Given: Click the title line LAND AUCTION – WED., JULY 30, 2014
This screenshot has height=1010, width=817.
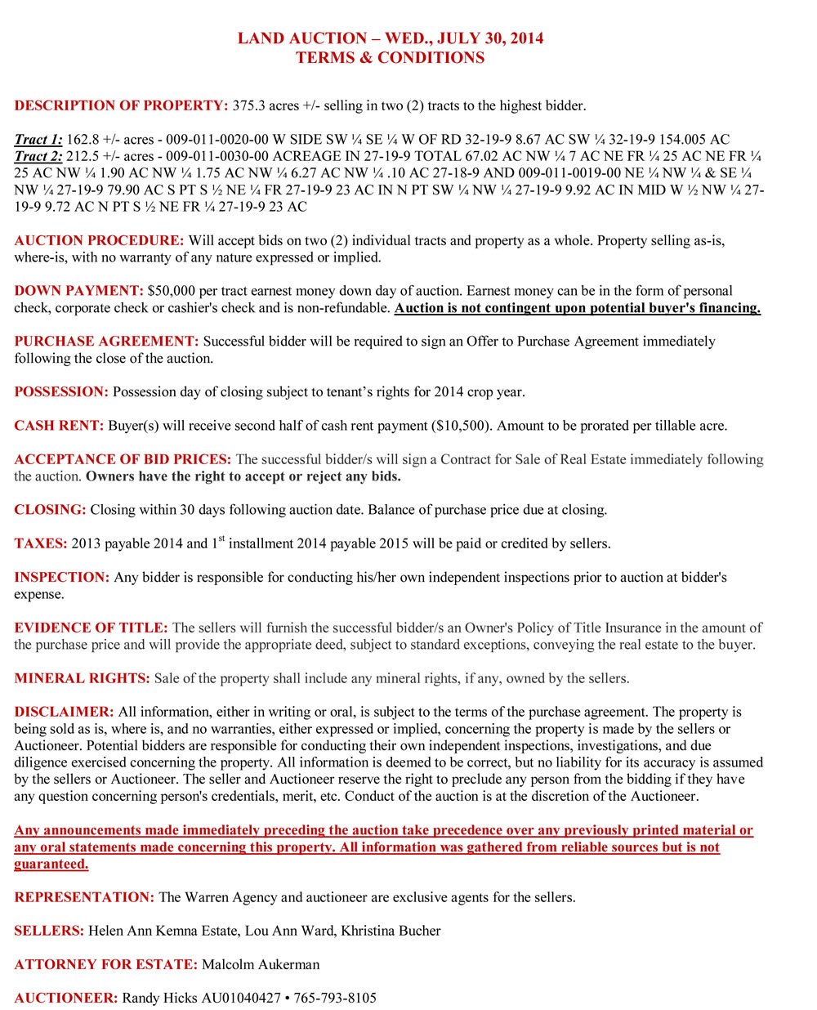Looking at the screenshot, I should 390,38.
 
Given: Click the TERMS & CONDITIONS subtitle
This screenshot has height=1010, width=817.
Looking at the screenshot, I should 390,58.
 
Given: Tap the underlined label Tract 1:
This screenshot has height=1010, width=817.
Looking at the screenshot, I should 38,140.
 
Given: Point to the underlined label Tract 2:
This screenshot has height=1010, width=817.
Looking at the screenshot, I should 38,156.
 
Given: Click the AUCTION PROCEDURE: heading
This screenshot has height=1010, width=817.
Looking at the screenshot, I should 99,241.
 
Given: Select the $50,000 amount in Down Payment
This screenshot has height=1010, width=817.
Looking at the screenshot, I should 172,291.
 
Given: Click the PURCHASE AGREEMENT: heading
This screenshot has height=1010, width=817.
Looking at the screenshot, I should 106,342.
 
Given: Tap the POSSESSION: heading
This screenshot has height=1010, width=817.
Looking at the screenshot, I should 61,392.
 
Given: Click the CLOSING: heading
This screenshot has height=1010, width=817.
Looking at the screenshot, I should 50,510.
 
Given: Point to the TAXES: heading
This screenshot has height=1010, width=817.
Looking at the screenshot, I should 41,544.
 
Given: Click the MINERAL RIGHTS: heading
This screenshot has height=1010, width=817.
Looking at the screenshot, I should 82,678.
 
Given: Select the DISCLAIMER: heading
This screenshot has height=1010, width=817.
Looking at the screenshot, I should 64,713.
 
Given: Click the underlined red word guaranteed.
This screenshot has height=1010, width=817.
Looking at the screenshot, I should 51,865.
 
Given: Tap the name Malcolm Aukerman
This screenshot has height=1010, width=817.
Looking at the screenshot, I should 261,964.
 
